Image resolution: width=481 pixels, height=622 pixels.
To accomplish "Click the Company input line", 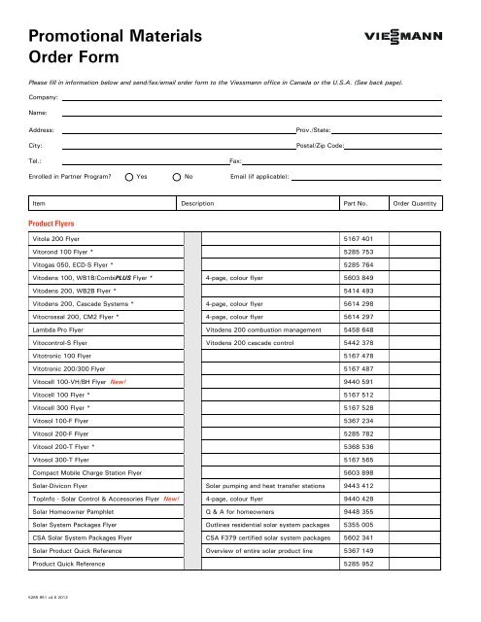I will tap(253, 98).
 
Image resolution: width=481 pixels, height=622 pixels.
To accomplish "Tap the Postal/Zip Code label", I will tap(320, 144).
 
